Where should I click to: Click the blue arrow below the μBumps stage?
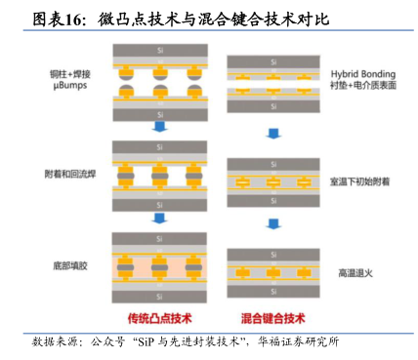click(161, 126)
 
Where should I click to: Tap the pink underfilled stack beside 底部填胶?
click(161, 265)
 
